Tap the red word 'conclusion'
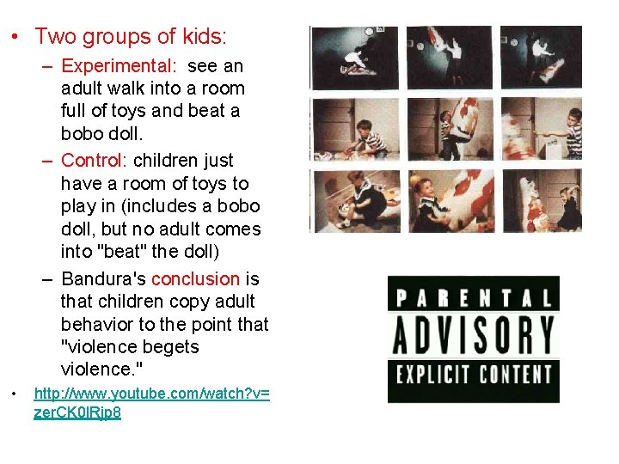coord(195,279)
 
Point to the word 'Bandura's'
coord(103,279)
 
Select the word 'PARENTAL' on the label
coord(473,298)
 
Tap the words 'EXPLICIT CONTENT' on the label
coord(473,375)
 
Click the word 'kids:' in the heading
coord(204,37)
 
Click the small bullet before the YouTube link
coord(15,394)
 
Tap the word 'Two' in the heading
coord(57,37)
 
